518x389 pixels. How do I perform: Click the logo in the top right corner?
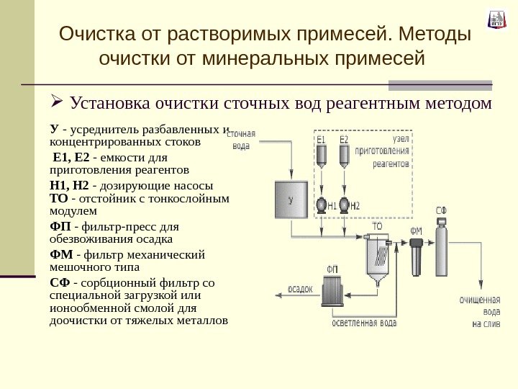click(496, 19)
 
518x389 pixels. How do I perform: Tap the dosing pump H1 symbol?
click(322, 205)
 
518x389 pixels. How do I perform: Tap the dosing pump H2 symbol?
click(345, 205)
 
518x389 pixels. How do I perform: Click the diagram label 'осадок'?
click(301, 289)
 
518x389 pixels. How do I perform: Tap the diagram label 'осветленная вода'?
click(364, 323)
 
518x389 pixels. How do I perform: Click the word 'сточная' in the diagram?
click(242, 134)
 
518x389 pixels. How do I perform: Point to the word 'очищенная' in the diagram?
click(480, 300)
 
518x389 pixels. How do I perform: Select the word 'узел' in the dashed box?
click(401, 139)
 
